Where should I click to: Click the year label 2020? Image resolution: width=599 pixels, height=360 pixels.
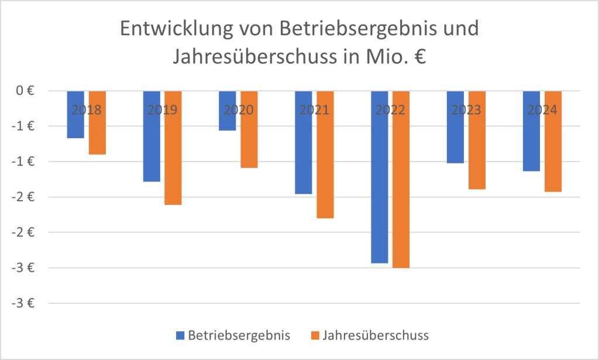point(238,110)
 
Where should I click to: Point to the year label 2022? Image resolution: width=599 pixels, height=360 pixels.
point(390,110)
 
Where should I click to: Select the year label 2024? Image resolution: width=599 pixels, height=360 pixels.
point(542,110)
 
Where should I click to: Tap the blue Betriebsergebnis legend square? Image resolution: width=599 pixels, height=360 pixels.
point(180,335)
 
